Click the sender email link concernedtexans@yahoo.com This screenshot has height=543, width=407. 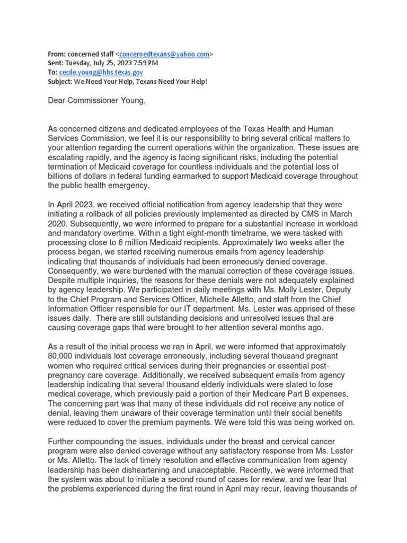[164, 54]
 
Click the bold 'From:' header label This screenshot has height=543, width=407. [57, 54]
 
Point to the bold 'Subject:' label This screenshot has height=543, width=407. [60, 81]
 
